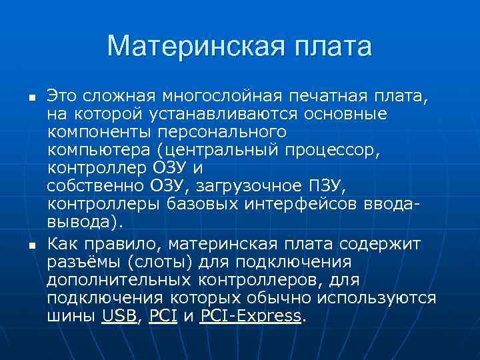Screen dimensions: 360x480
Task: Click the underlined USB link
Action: [119, 317]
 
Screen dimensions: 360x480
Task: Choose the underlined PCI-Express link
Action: [251, 317]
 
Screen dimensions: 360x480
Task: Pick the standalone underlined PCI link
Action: [163, 317]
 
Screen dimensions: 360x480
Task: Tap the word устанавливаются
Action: [228, 115]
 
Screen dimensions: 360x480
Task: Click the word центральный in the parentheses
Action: [238, 149]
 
